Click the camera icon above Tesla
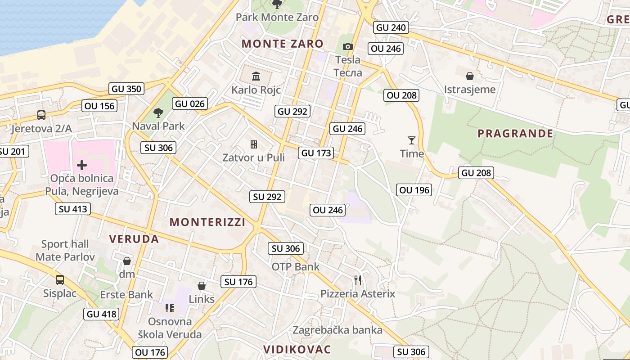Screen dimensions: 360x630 coord(347,46)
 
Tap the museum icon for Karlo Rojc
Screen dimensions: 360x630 coord(256,76)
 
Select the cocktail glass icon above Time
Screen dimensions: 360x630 coord(411,140)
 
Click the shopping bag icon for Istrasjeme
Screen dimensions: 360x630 coord(470,76)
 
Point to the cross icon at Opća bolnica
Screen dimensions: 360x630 coord(81,165)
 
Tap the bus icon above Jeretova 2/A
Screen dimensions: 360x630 coord(41,115)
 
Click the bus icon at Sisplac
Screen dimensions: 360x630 coord(60,280)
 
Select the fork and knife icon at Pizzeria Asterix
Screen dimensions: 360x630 coord(358,280)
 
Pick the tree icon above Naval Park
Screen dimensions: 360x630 coord(158,112)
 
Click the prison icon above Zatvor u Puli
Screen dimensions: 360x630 coord(254,144)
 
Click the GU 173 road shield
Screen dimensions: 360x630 coord(316,153)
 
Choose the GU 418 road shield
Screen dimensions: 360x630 coord(101,314)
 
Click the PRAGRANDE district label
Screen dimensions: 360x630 coord(515,133)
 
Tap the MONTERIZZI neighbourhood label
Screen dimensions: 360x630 coord(207,222)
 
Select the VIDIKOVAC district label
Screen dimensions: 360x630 coord(297,349)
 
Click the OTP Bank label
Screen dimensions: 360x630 coord(295,266)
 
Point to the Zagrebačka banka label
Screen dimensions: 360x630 coord(337,330)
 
